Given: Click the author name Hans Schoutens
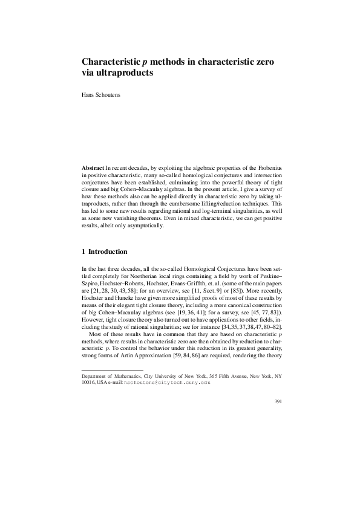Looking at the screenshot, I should tap(100, 95).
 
